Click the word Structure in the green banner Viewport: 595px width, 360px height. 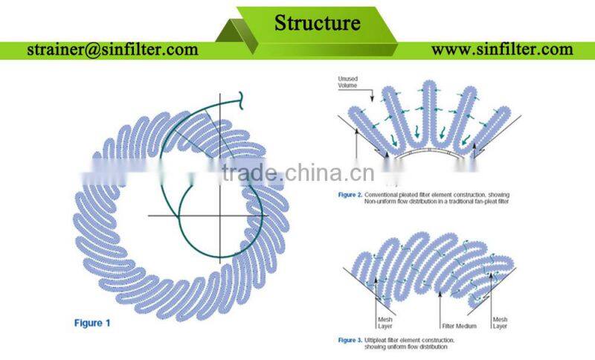[x=318, y=22]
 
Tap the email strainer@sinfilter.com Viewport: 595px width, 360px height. [x=112, y=50]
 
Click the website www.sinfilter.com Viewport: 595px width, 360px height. [x=502, y=50]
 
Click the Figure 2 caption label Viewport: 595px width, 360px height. [x=350, y=194]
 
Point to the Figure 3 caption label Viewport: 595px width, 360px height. [x=350, y=339]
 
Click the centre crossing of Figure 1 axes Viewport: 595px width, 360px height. [x=220, y=216]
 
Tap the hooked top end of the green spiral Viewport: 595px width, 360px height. [x=241, y=97]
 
